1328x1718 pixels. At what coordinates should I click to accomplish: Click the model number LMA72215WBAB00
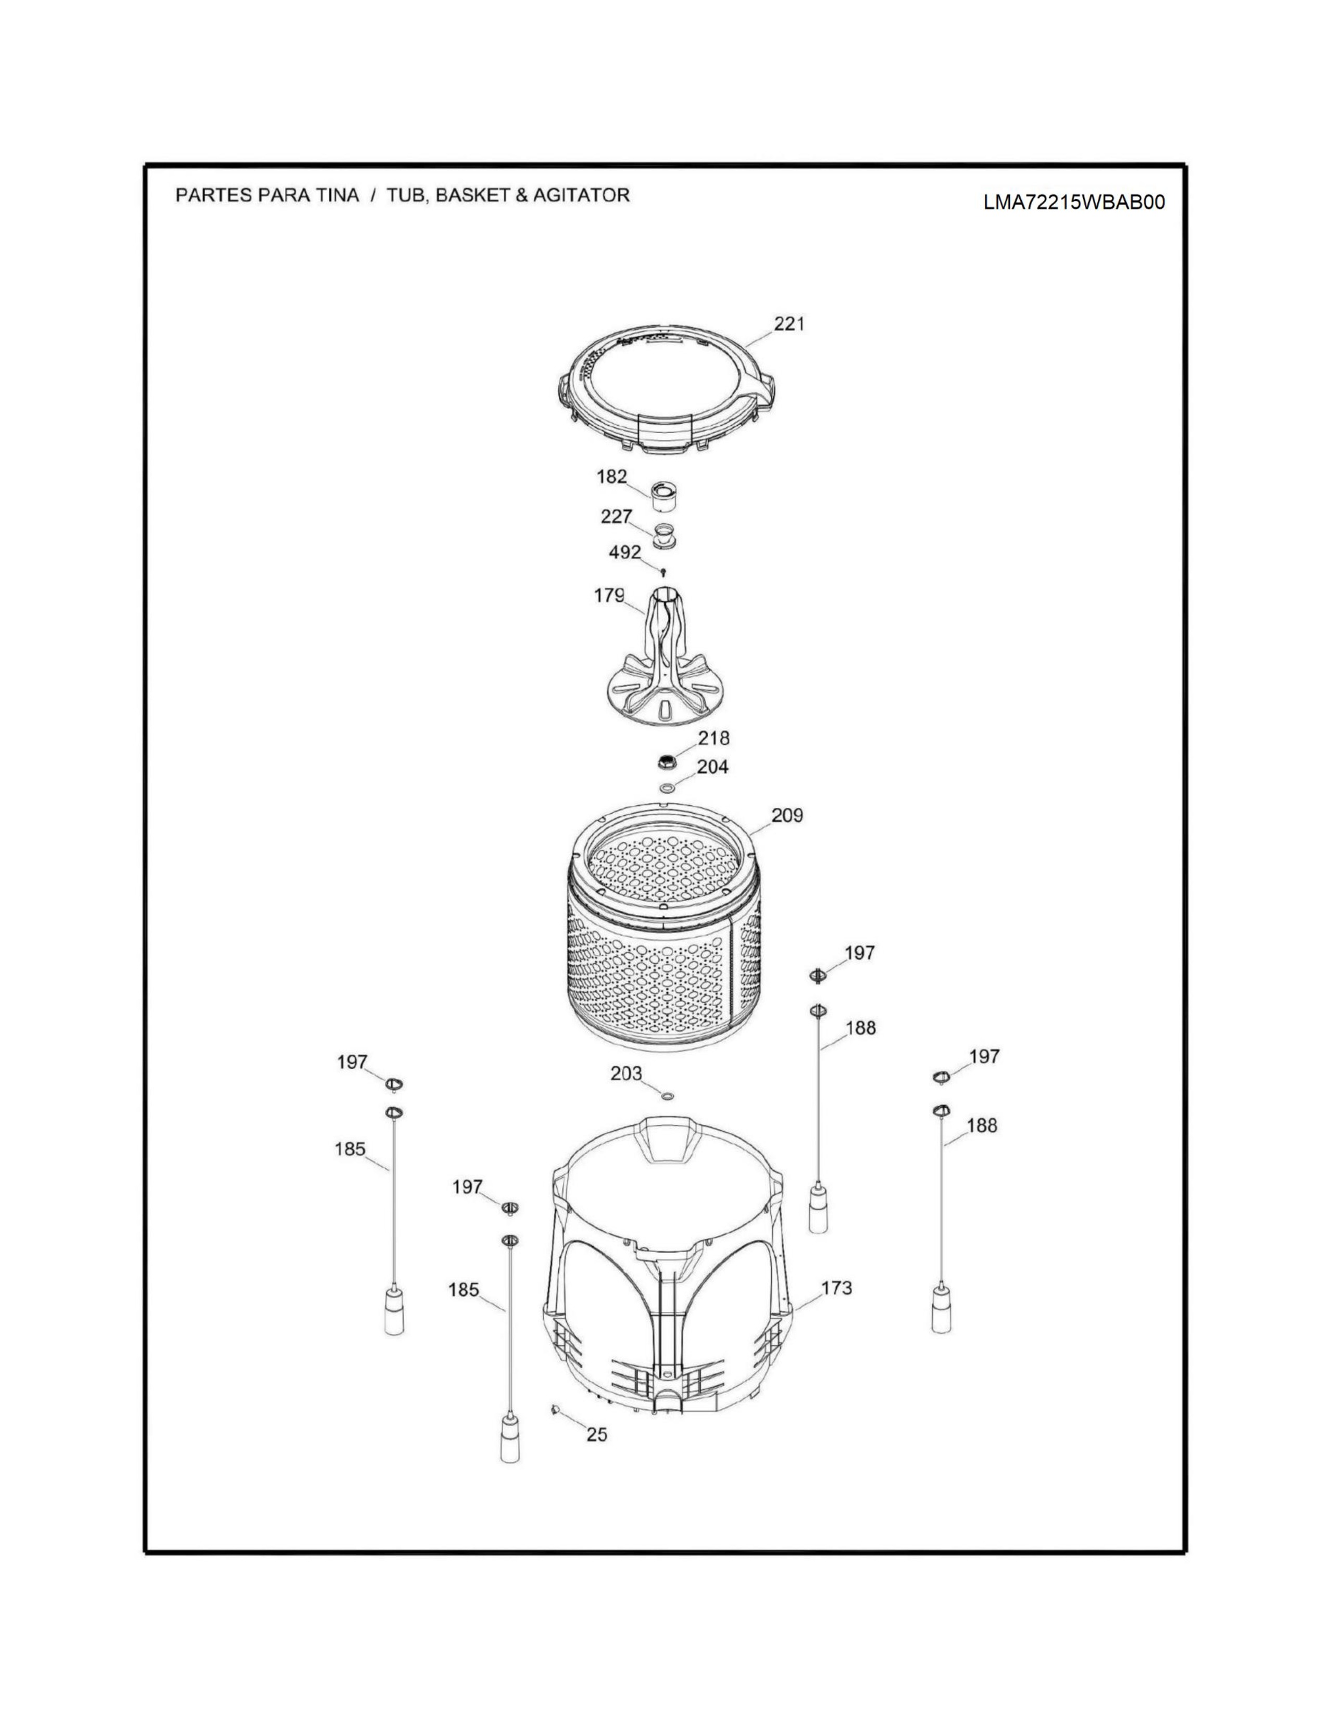click(1073, 202)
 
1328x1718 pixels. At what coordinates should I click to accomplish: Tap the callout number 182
click(612, 477)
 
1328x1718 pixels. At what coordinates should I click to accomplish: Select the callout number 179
click(609, 596)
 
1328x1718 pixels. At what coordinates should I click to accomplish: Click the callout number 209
click(787, 815)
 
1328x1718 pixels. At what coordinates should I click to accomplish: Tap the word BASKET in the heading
click(470, 195)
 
